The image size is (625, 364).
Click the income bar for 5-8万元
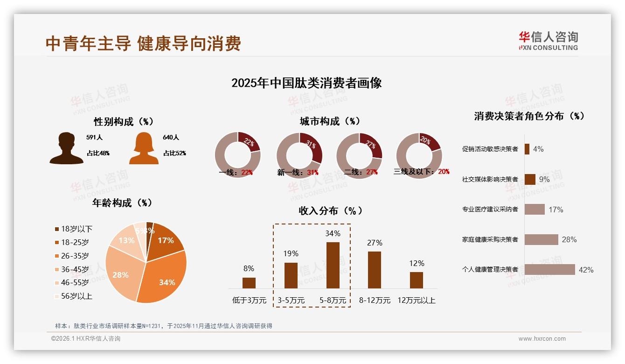(x=333, y=265)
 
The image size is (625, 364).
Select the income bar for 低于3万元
(x=249, y=283)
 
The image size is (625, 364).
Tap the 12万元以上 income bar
(x=417, y=280)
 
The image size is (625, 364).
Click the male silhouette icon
(x=66, y=148)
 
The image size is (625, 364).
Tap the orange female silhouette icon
(x=144, y=148)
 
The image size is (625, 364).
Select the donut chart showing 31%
(x=299, y=155)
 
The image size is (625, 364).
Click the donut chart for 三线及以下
(x=419, y=155)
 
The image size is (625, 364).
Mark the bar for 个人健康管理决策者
(x=549, y=269)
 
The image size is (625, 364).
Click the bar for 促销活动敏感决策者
(x=527, y=149)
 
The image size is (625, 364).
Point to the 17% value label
(x=556, y=210)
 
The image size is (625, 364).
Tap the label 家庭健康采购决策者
(x=490, y=239)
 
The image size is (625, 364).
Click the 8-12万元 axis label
(x=375, y=300)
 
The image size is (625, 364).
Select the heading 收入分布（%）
(x=330, y=210)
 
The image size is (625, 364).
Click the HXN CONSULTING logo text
(x=548, y=48)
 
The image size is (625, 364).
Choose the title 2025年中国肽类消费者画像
(x=306, y=83)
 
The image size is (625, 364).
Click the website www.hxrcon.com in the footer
(x=542, y=339)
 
